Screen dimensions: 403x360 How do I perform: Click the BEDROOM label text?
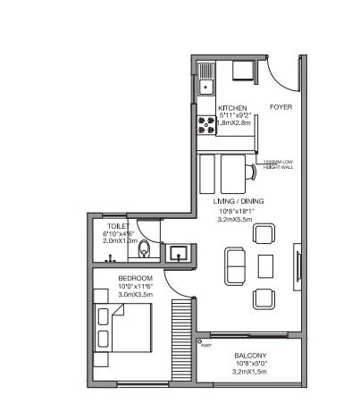136,279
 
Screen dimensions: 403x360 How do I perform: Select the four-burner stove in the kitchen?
205,126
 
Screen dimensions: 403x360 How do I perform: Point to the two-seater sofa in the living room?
236,265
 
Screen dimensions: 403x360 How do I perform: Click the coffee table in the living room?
265,265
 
